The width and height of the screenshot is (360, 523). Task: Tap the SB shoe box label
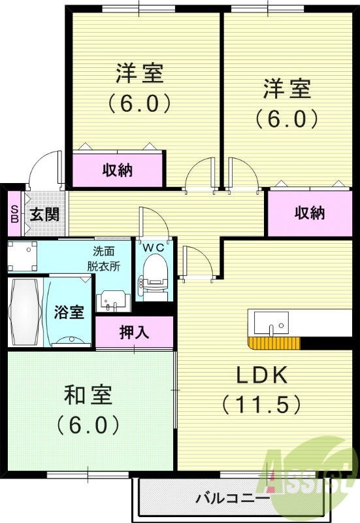click(14, 214)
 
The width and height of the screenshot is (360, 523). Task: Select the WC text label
click(154, 247)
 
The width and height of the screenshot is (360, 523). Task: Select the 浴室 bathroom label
click(69, 311)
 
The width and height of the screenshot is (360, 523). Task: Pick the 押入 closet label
click(135, 332)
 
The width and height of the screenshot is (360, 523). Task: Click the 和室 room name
click(88, 396)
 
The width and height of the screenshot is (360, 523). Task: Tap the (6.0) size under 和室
click(88, 425)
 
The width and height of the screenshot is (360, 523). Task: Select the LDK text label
click(262, 375)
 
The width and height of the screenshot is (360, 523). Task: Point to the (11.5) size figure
click(262, 404)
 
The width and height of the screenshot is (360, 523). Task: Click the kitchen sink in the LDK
click(270, 322)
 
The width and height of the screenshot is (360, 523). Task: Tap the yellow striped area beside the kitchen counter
click(274, 343)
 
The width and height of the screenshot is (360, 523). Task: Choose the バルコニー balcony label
click(233, 499)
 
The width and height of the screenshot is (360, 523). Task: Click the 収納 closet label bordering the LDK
click(309, 213)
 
